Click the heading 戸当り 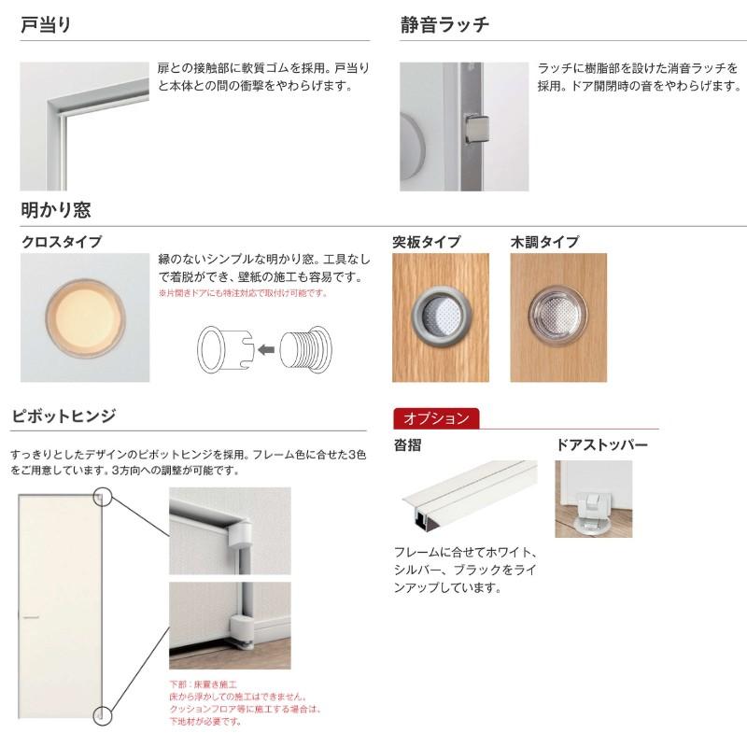pyautogui.click(x=46, y=25)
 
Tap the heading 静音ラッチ pyautogui.click(x=444, y=25)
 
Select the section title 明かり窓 pyautogui.click(x=56, y=210)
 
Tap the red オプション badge pyautogui.click(x=436, y=418)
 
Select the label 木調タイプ pyautogui.click(x=544, y=242)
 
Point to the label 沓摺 pyautogui.click(x=407, y=445)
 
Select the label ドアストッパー pyautogui.click(x=601, y=445)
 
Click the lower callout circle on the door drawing pyautogui.click(x=102, y=716)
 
